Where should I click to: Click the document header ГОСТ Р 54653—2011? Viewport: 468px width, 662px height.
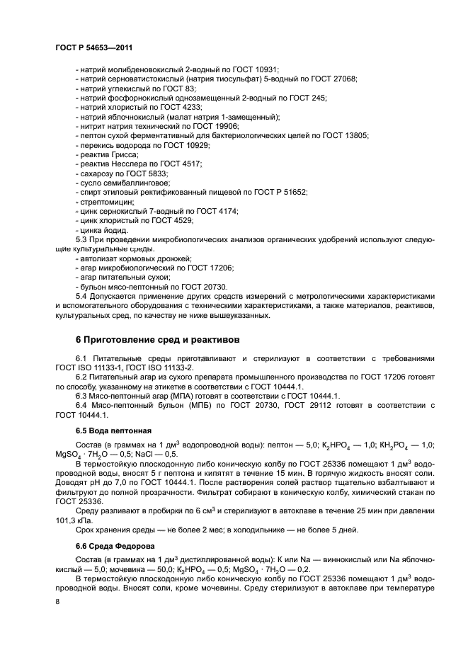point(94,47)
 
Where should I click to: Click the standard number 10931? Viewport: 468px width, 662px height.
point(265,69)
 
